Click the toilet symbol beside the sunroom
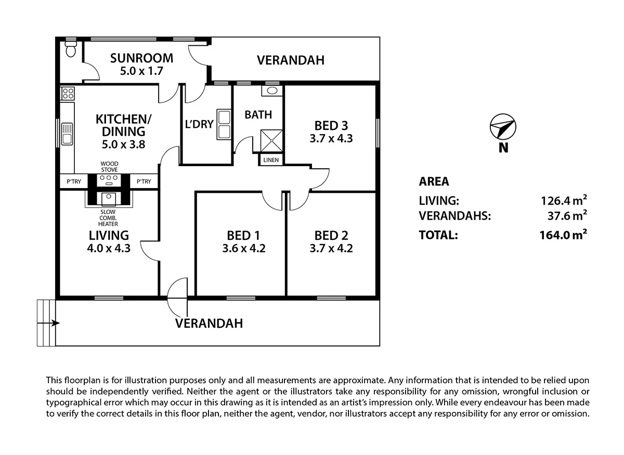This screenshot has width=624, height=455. pyautogui.click(x=71, y=50)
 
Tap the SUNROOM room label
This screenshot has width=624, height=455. pyautogui.click(x=141, y=58)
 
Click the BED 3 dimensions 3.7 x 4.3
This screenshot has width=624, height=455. pyautogui.click(x=331, y=139)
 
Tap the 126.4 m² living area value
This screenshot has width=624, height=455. pyautogui.click(x=564, y=200)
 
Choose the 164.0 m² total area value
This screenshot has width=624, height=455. pyautogui.click(x=564, y=235)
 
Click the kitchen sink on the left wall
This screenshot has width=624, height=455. pyautogui.click(x=67, y=134)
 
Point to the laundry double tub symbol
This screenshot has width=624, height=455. pyautogui.click(x=224, y=124)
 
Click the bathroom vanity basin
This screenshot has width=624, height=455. pyautogui.click(x=271, y=90)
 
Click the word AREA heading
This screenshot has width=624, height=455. pyautogui.click(x=434, y=181)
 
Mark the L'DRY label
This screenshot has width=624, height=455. pyautogui.click(x=200, y=124)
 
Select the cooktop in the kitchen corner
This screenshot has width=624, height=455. pyautogui.click(x=68, y=93)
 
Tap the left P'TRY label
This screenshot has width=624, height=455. pyautogui.click(x=73, y=181)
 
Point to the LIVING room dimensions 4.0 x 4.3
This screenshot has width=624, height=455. pyautogui.click(x=109, y=248)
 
